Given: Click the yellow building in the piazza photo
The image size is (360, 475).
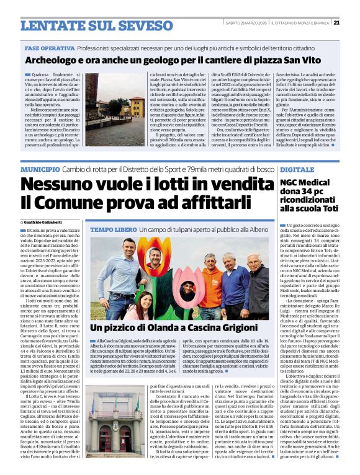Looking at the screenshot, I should coord(137,106).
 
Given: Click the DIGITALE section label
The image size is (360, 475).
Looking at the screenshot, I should coord(297,169).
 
